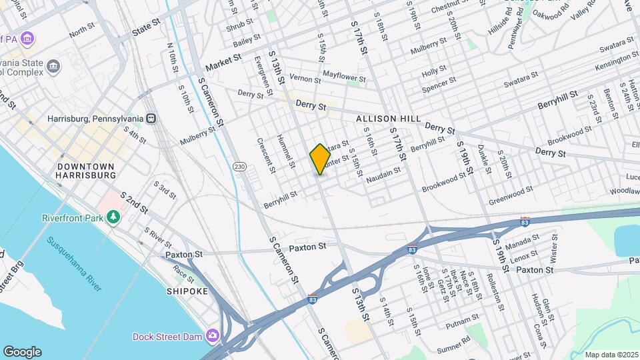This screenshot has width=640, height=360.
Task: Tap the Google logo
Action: tap(22, 352)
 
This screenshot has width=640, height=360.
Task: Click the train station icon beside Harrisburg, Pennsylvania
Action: tap(152, 119)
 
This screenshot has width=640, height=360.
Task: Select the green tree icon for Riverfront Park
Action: tap(113, 217)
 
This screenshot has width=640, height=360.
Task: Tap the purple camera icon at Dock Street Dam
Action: tap(212, 335)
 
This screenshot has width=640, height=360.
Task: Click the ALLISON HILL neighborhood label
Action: tap(389, 119)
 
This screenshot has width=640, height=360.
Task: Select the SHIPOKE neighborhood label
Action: tap(187, 291)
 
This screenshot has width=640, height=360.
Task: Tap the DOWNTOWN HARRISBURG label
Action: tap(85, 171)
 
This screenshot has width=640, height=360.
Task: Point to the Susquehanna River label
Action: tap(75, 263)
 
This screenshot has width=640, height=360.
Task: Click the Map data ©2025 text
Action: tap(611, 355)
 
